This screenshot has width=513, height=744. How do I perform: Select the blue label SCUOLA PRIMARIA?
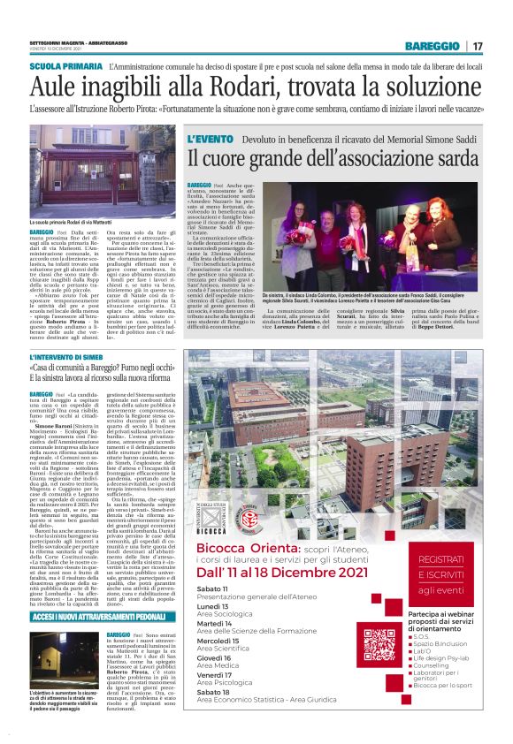(x=65, y=66)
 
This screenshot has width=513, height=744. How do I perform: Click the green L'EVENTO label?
(x=211, y=140)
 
